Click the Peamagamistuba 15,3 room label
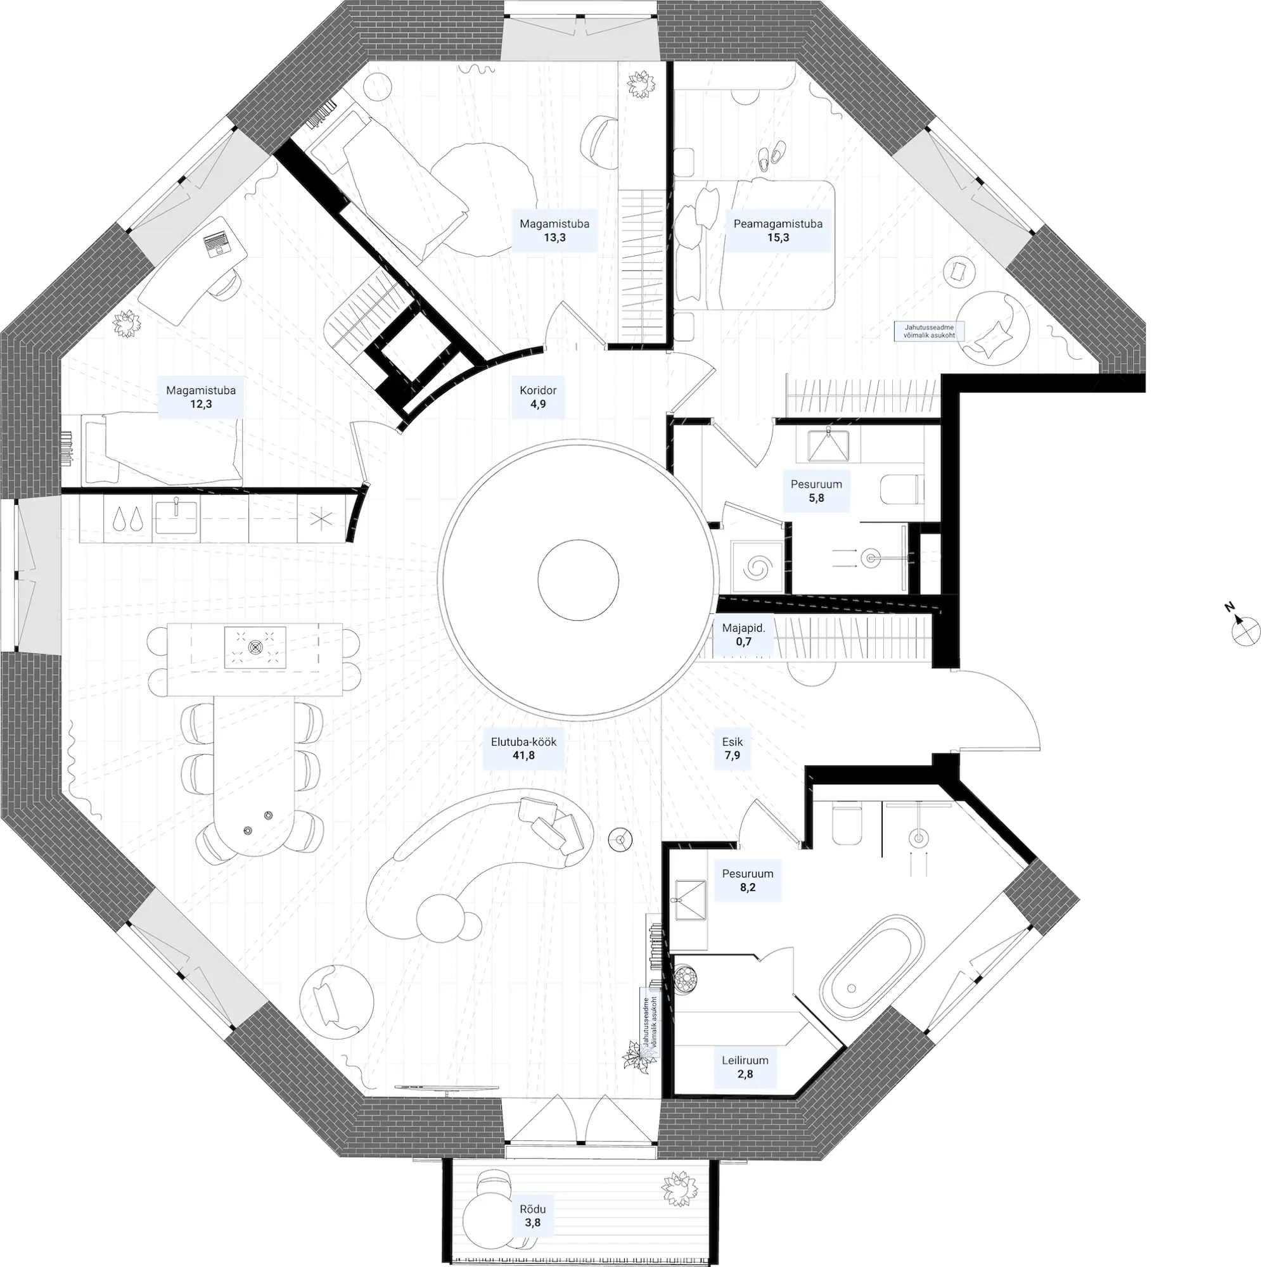tap(778, 231)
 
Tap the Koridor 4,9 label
tap(538, 397)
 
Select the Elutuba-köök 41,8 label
tap(523, 748)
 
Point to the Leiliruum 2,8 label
tap(745, 1067)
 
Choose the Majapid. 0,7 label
tap(743, 635)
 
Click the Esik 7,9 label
tap(732, 748)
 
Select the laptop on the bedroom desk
tap(217, 244)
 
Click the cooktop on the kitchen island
tap(255, 647)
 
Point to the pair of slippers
tap(770, 156)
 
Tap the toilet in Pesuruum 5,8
tap(900, 489)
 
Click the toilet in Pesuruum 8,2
tap(847, 824)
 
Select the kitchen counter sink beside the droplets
tap(175, 515)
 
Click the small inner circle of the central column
tap(578, 580)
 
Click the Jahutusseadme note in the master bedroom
tap(928, 331)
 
